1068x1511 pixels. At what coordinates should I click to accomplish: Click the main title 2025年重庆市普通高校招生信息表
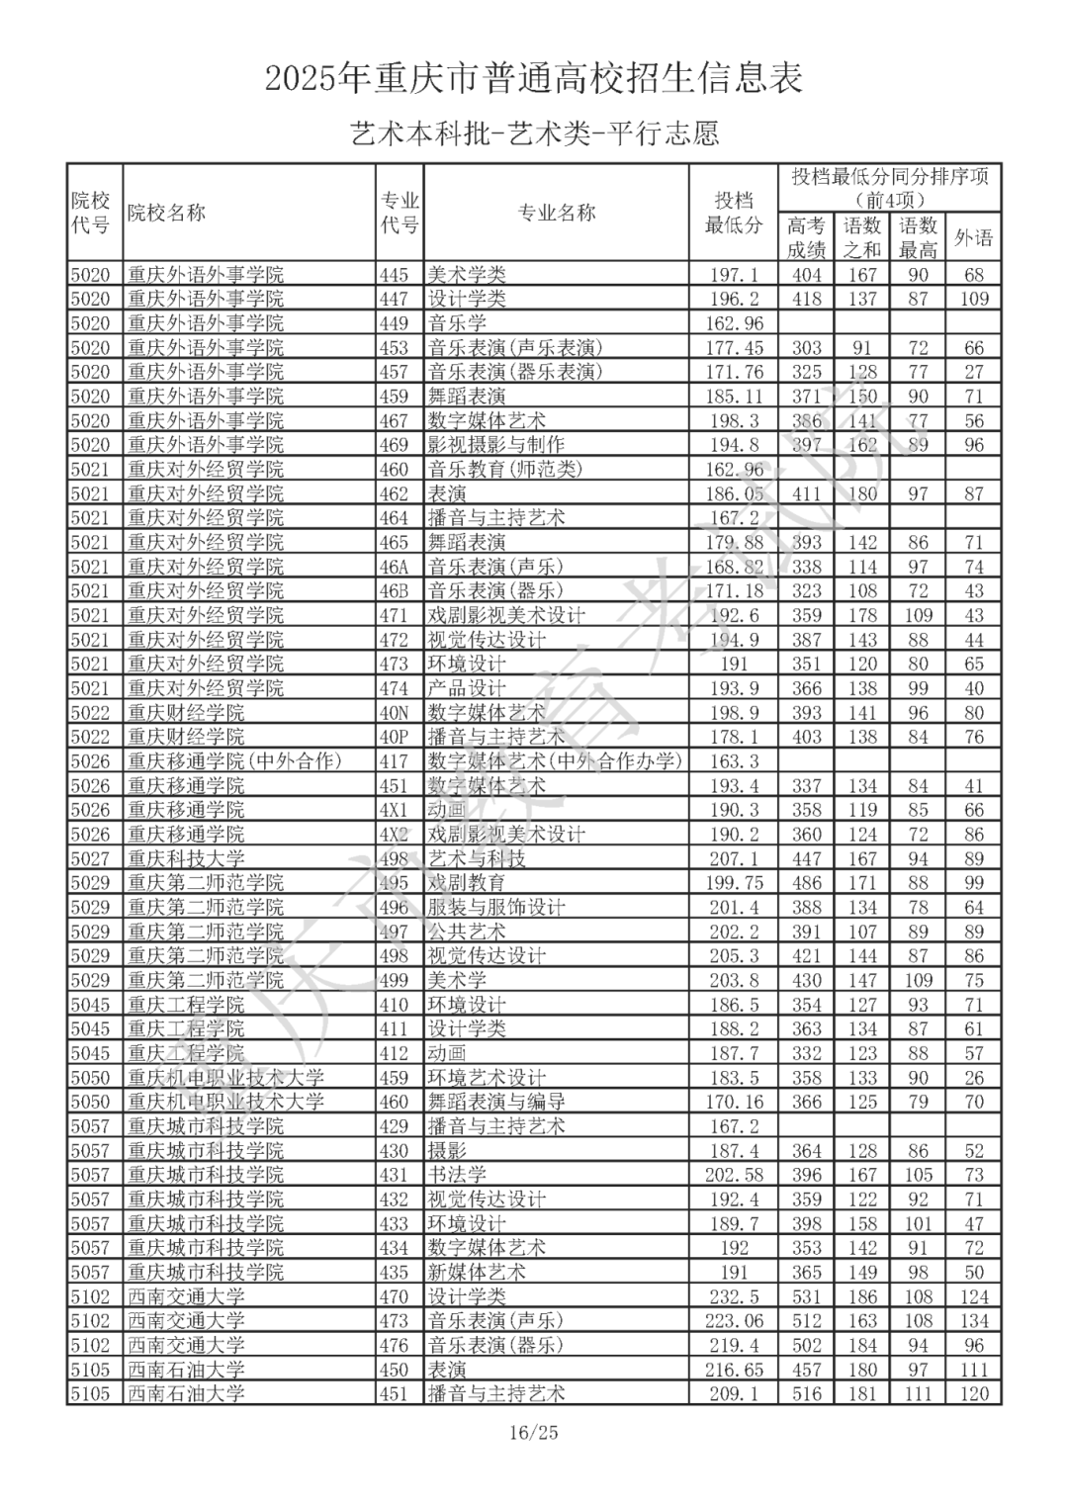(x=533, y=78)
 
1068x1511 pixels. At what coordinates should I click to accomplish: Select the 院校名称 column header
(x=166, y=213)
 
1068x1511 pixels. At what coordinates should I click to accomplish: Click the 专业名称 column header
(x=557, y=213)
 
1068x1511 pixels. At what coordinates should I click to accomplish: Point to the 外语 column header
(x=973, y=238)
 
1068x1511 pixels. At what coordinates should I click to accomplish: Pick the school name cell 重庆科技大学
(x=186, y=858)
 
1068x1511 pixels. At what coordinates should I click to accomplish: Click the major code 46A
(x=394, y=567)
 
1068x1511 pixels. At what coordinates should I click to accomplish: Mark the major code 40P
(x=394, y=737)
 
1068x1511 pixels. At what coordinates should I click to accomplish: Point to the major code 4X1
(x=394, y=810)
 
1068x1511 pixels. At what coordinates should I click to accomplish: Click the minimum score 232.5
(x=734, y=1296)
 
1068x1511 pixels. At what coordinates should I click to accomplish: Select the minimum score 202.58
(x=734, y=1175)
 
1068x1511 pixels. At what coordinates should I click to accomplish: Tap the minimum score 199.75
(x=734, y=883)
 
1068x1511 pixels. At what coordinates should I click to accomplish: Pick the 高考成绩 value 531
(x=807, y=1296)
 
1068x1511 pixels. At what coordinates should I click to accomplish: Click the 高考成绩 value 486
(x=807, y=883)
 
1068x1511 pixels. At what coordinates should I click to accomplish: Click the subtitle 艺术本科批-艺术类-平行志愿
(x=533, y=133)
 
